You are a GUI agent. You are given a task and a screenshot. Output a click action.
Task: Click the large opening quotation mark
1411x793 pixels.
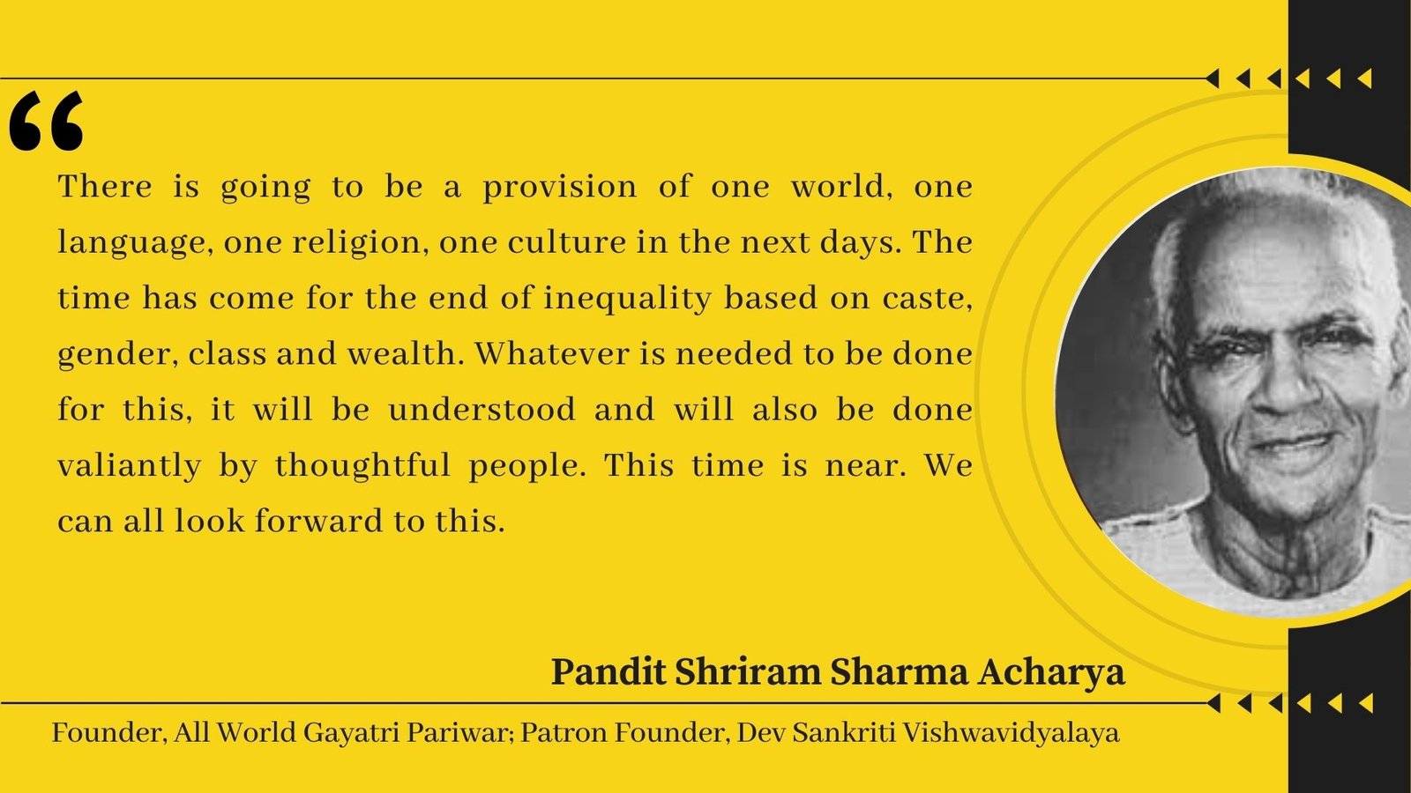[47, 121]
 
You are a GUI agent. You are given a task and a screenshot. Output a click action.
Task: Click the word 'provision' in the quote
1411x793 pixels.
[559, 188]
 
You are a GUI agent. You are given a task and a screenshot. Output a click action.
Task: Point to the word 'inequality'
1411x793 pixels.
[627, 299]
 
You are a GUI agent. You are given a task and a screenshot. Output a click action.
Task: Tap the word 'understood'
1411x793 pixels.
[482, 410]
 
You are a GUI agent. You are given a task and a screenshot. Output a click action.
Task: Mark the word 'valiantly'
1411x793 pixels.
[129, 467]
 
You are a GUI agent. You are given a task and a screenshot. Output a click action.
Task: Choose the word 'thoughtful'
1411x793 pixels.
[362, 466]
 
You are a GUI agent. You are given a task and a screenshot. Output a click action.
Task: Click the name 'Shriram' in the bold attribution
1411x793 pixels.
[748, 673]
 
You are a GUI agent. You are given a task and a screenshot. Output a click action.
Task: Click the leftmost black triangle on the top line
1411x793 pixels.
[1212, 78]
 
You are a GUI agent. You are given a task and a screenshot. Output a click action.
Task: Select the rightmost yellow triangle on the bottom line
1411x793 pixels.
[1366, 703]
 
